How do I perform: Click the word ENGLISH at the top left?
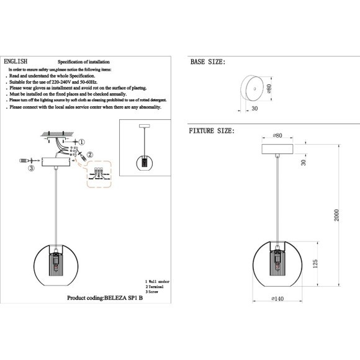click(16, 63)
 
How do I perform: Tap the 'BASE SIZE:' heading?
click(207, 63)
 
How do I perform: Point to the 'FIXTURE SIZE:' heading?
click(212, 132)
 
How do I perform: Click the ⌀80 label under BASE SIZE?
click(269, 88)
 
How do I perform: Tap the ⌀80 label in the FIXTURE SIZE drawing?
click(277, 135)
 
